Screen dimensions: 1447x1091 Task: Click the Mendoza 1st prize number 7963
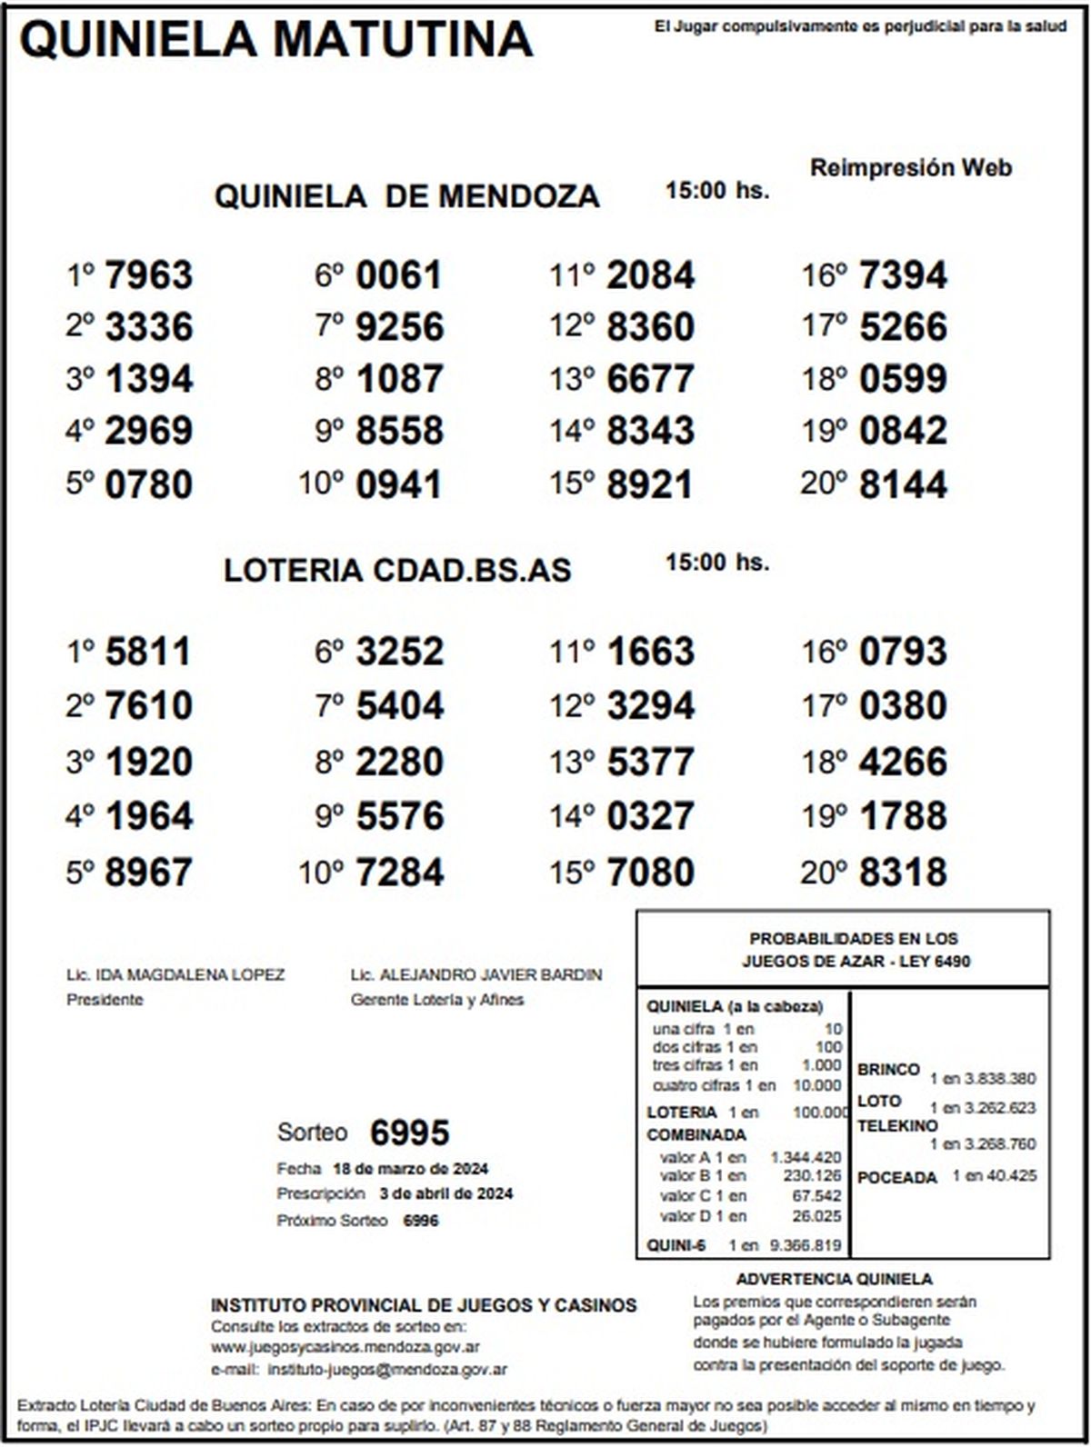(149, 275)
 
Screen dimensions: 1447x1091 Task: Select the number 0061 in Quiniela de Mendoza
(398, 275)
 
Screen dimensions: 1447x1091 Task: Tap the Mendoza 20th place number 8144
(903, 484)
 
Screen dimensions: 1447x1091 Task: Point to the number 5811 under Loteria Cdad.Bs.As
(148, 652)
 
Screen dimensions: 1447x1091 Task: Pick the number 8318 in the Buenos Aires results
(903, 872)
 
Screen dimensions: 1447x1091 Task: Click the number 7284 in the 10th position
(400, 872)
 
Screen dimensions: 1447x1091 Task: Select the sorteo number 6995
(410, 1133)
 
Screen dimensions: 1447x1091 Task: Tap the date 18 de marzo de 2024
(411, 1169)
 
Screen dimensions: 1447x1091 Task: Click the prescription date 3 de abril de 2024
(445, 1193)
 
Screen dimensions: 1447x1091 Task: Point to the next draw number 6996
(421, 1221)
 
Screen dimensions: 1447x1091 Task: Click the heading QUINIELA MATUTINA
(276, 39)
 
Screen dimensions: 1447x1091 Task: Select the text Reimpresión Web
(910, 168)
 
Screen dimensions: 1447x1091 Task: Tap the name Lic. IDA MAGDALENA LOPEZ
(175, 975)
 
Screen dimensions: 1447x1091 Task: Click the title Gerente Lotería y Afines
(437, 1000)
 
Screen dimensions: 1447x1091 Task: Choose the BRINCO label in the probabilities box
(888, 1070)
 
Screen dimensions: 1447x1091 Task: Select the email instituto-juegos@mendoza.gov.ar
(388, 1369)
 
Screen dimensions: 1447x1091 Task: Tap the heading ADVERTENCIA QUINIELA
(834, 1280)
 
